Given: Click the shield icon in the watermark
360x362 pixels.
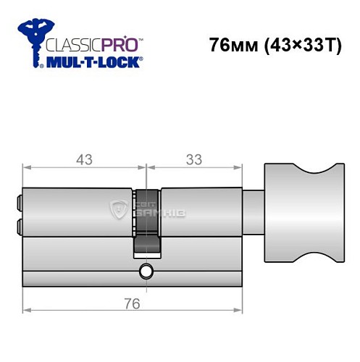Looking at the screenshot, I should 118,211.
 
